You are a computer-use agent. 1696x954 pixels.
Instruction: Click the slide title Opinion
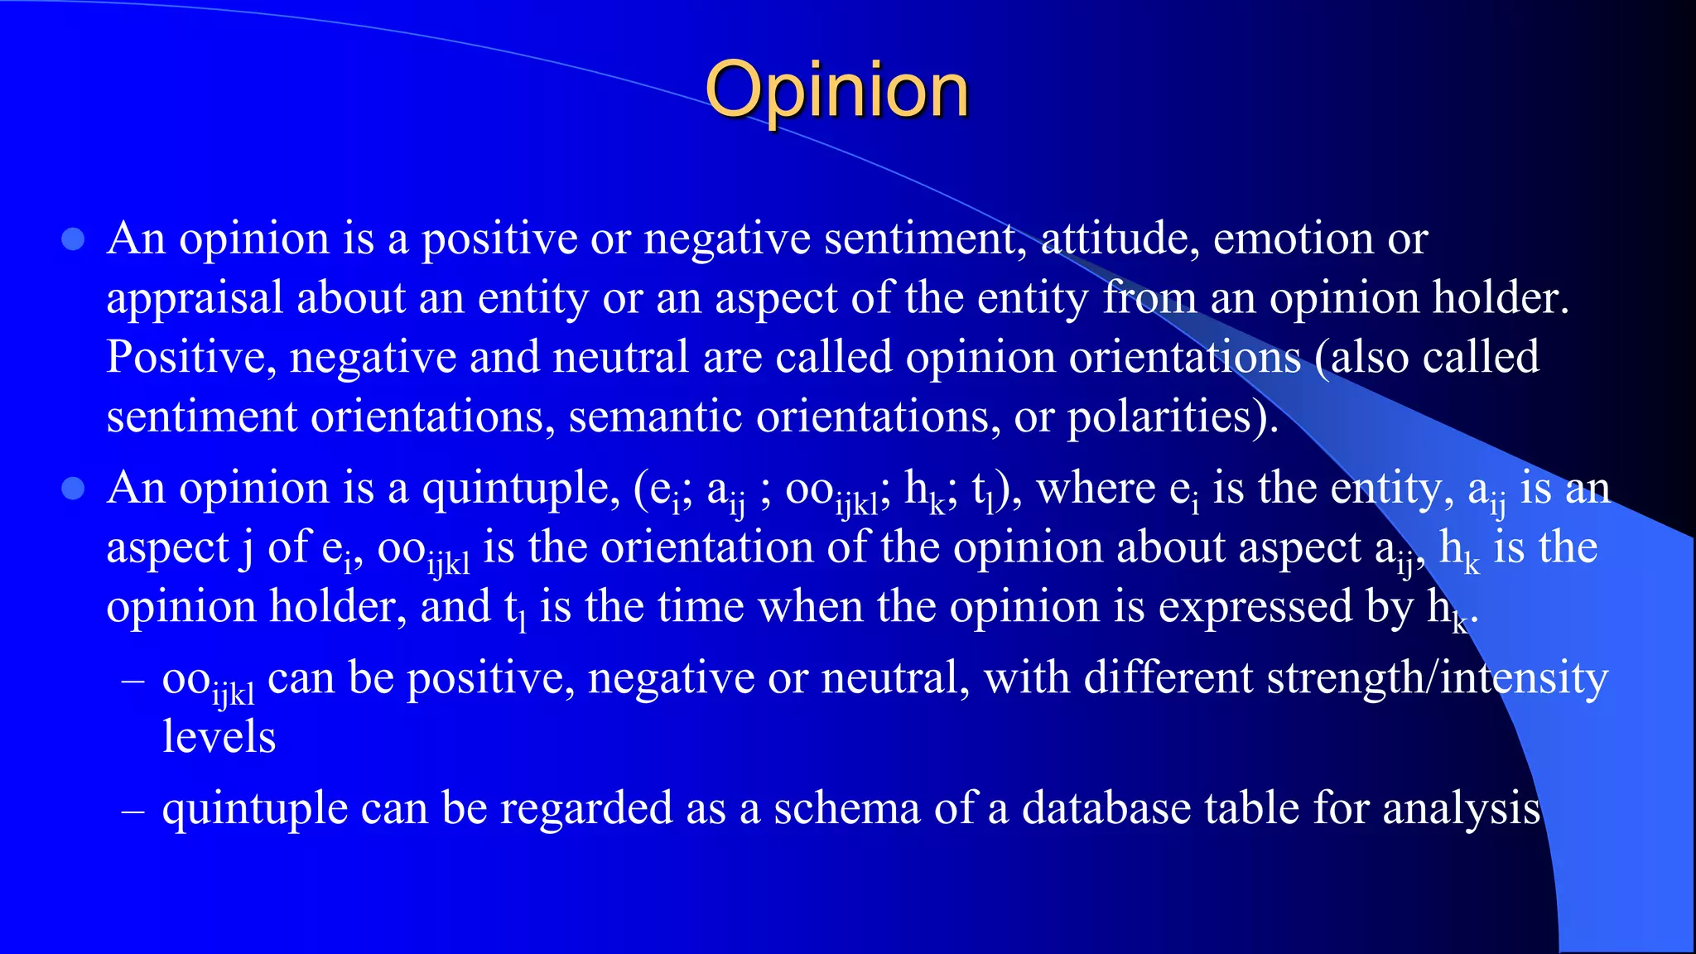click(836, 91)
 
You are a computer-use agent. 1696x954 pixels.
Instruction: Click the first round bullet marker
click(74, 240)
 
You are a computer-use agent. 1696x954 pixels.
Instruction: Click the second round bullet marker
click(74, 489)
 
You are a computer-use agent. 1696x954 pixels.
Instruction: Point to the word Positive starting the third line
click(191, 359)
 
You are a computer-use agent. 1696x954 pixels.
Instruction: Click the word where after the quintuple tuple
click(1096, 489)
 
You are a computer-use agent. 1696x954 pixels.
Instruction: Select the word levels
click(219, 738)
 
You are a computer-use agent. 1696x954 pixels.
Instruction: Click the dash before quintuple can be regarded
click(132, 809)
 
